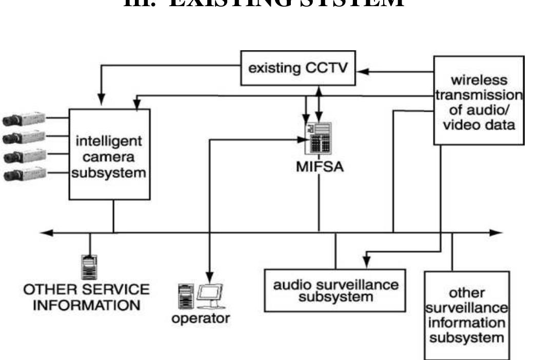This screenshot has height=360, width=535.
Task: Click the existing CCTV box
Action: click(299, 68)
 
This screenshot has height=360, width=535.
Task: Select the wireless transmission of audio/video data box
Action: click(479, 101)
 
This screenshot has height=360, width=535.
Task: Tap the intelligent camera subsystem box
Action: click(110, 154)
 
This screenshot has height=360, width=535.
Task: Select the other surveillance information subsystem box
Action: click(467, 315)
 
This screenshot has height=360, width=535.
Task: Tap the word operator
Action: click(201, 318)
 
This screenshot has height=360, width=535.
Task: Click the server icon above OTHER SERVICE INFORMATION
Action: click(90, 267)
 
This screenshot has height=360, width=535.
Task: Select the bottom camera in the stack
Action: click(23, 175)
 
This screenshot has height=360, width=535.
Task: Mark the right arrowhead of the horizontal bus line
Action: click(496, 233)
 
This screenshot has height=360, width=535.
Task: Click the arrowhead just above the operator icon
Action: click(209, 274)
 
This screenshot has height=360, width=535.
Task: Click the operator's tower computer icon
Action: click(185, 296)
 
